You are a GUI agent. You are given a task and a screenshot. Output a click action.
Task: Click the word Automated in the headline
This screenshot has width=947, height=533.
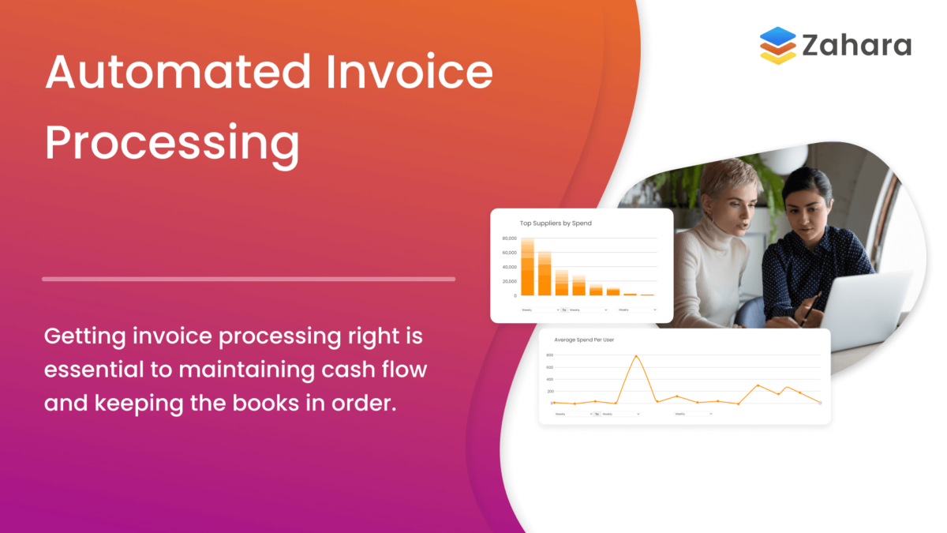[178, 73]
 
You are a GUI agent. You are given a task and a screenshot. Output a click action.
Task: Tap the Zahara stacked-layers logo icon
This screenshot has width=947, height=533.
[777, 45]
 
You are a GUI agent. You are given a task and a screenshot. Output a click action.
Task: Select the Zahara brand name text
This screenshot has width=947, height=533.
[856, 46]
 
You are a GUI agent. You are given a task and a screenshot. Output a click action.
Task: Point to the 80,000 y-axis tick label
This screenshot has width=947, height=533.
[509, 238]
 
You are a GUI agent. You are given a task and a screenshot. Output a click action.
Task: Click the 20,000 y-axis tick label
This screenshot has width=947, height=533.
[509, 281]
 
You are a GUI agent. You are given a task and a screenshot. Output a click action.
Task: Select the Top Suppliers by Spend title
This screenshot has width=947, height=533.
[556, 223]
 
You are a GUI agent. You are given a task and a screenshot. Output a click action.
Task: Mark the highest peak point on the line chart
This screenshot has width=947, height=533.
[636, 356]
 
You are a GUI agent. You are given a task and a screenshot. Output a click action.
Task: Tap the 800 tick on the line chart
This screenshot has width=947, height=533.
[550, 355]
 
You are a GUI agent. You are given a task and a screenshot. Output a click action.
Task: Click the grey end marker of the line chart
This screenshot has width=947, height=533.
[820, 403]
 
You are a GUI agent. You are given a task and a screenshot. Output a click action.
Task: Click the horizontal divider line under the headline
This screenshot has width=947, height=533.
[249, 279]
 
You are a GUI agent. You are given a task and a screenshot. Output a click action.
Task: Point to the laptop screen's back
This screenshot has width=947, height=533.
[868, 308]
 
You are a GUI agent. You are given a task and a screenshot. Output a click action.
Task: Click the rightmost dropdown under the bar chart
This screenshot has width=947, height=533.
[637, 310]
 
